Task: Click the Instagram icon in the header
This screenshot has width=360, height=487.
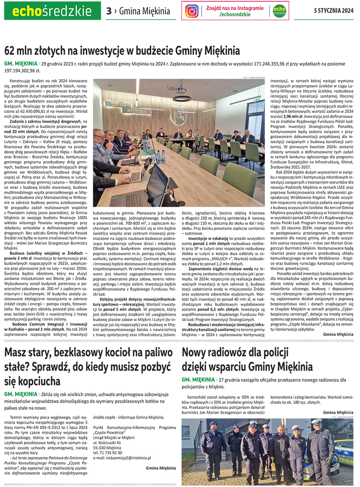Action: pyautogui.click(x=192, y=11)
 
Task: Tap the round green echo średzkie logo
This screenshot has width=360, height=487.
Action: pyautogui.click(x=279, y=11)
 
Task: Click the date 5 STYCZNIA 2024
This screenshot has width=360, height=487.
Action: pyautogui.click(x=334, y=11)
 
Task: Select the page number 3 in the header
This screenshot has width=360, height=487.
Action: pyautogui.click(x=109, y=11)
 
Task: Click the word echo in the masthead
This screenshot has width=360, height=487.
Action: pyautogui.click(x=27, y=11)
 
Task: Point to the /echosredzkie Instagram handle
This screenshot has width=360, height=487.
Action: pyautogui.click(x=235, y=14)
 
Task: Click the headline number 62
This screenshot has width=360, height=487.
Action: pyautogui.click(x=11, y=51)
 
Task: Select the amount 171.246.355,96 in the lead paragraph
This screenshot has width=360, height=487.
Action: pyautogui.click(x=259, y=64)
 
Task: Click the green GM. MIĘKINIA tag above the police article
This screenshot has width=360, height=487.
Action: pyautogui.click(x=198, y=379)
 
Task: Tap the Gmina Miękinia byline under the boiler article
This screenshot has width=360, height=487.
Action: pyautogui.click(x=160, y=468)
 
